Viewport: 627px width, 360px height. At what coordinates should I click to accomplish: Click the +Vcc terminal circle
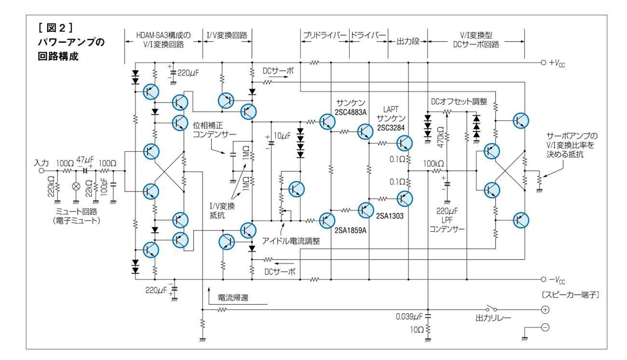point(543,62)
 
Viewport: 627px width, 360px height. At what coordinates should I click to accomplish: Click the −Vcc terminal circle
point(543,279)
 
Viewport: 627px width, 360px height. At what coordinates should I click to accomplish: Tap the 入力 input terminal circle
point(41,171)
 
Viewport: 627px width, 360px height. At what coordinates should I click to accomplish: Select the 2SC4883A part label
point(351,112)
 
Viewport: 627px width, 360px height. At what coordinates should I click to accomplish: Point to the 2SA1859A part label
point(351,230)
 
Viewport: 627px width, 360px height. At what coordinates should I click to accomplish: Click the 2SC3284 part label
point(391,128)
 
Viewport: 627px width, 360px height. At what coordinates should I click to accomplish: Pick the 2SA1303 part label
point(390,216)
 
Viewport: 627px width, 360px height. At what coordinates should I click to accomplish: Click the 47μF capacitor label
point(85,160)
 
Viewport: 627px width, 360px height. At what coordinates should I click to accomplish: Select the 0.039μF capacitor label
point(409,317)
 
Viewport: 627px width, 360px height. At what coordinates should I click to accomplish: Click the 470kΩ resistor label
point(440,137)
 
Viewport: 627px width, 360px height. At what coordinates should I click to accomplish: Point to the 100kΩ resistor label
point(433,164)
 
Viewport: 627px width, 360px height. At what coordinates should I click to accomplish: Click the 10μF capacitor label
point(282,136)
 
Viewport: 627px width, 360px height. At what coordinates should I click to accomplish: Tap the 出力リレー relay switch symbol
point(491,308)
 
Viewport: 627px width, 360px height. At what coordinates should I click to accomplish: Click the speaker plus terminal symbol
point(545,310)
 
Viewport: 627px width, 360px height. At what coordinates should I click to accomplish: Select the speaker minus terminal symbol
point(545,327)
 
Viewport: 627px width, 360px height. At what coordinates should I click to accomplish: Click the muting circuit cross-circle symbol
point(76,186)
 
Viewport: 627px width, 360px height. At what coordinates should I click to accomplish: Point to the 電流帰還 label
point(233,298)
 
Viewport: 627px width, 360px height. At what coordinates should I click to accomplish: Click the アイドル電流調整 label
point(291,241)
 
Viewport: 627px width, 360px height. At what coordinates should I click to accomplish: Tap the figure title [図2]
point(56,28)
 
